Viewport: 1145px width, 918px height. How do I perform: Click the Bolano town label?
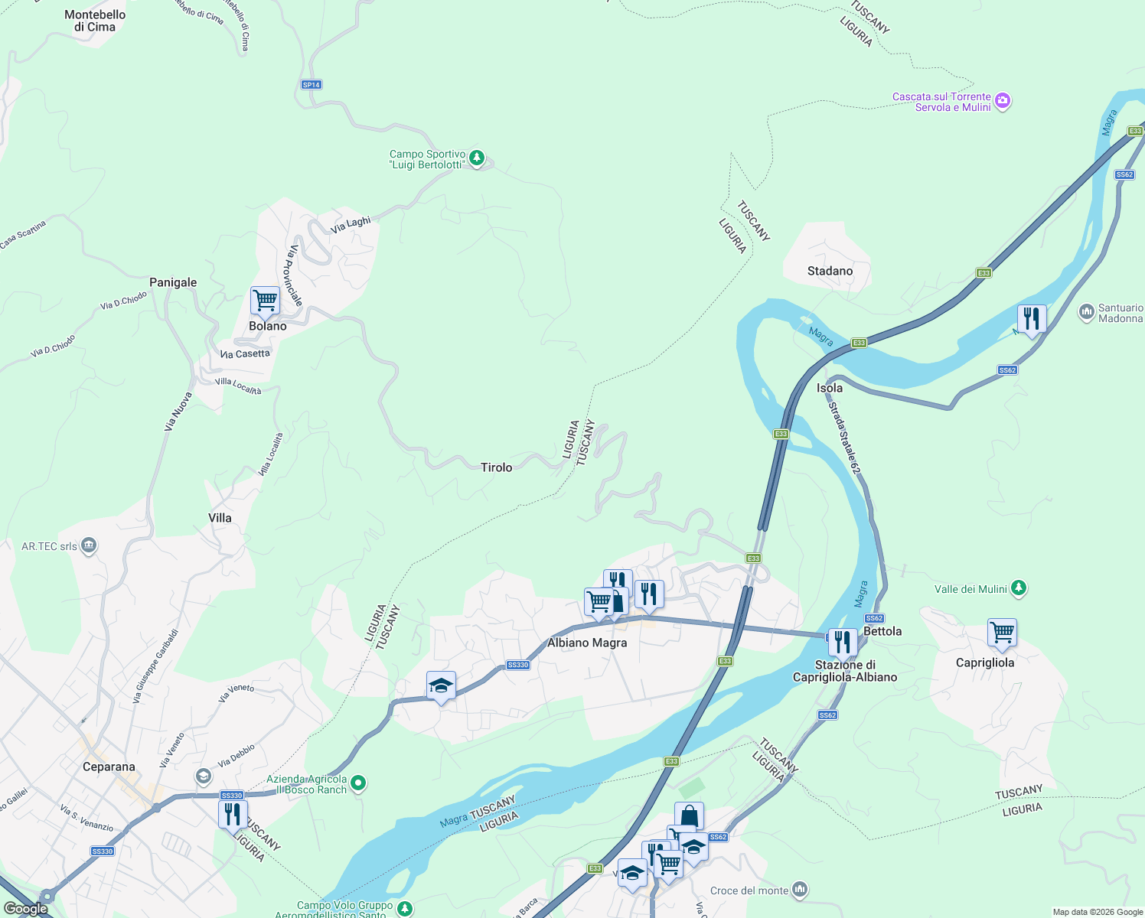(267, 326)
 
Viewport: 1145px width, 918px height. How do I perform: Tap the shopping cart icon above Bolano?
(265, 300)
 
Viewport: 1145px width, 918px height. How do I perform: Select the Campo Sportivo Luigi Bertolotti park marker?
(477, 158)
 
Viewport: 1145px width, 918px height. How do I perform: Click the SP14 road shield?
(311, 85)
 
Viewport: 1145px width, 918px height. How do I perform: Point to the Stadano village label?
(830, 271)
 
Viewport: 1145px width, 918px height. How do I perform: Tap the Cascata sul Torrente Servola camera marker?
(1003, 101)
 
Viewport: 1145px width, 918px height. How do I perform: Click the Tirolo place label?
(496, 467)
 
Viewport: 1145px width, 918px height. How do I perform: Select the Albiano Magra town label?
(587, 643)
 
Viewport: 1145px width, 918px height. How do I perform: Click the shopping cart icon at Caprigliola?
(1002, 633)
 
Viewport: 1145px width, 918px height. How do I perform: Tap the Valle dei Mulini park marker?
(1018, 588)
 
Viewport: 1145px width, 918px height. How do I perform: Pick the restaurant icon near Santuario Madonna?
(1031, 318)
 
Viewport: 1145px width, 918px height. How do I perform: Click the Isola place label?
(830, 388)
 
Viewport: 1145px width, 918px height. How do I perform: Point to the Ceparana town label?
(109, 767)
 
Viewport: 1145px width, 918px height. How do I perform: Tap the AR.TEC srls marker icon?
(89, 545)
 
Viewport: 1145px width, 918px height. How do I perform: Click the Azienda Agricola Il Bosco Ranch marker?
(358, 783)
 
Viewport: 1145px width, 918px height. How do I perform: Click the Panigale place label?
(173, 282)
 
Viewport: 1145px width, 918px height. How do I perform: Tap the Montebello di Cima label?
(95, 21)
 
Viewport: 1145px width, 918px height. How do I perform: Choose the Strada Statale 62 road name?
(845, 435)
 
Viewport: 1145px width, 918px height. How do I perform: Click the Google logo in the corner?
(26, 908)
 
